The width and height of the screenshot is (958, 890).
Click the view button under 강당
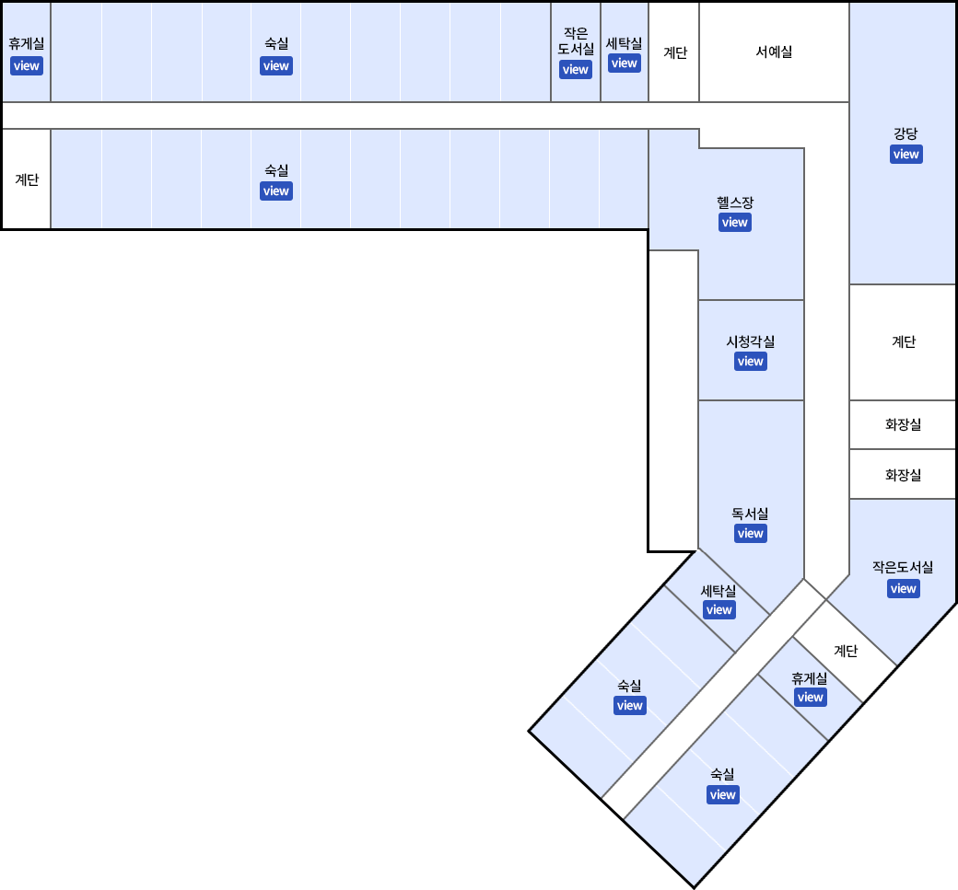click(x=906, y=155)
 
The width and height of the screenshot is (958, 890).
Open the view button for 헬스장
click(x=735, y=223)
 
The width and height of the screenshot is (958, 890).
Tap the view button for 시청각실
click(x=751, y=362)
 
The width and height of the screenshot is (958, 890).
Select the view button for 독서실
click(x=751, y=534)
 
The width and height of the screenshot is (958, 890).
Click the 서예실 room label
click(x=774, y=52)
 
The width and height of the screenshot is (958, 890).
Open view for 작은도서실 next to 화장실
click(x=904, y=589)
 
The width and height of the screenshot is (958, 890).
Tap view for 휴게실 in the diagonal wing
click(x=811, y=698)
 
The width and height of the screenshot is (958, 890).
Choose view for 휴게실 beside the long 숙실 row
click(x=26, y=66)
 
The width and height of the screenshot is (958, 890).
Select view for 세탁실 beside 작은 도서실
click(x=625, y=64)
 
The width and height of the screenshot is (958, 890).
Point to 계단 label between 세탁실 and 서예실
click(x=675, y=52)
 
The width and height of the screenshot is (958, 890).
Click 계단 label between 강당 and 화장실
click(x=904, y=342)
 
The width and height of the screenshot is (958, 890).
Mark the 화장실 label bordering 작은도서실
click(x=903, y=475)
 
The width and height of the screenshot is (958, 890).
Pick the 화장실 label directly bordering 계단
click(x=903, y=425)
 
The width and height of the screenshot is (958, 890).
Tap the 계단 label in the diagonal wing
click(x=846, y=652)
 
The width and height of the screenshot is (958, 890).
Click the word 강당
click(x=905, y=133)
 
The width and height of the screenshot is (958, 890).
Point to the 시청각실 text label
click(x=751, y=341)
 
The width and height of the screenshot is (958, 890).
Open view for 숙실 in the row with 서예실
click(x=276, y=66)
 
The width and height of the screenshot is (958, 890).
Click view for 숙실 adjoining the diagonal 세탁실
click(x=630, y=706)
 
